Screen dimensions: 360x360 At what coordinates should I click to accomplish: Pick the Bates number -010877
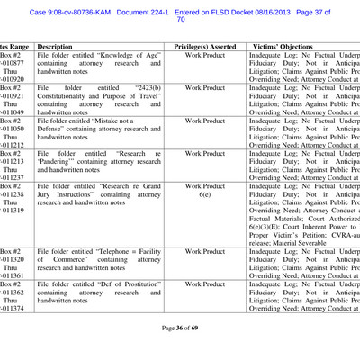click(x=13, y=65)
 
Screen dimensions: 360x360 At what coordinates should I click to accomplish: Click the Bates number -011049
click(x=13, y=112)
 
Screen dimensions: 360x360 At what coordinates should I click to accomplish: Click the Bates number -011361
click(x=13, y=275)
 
